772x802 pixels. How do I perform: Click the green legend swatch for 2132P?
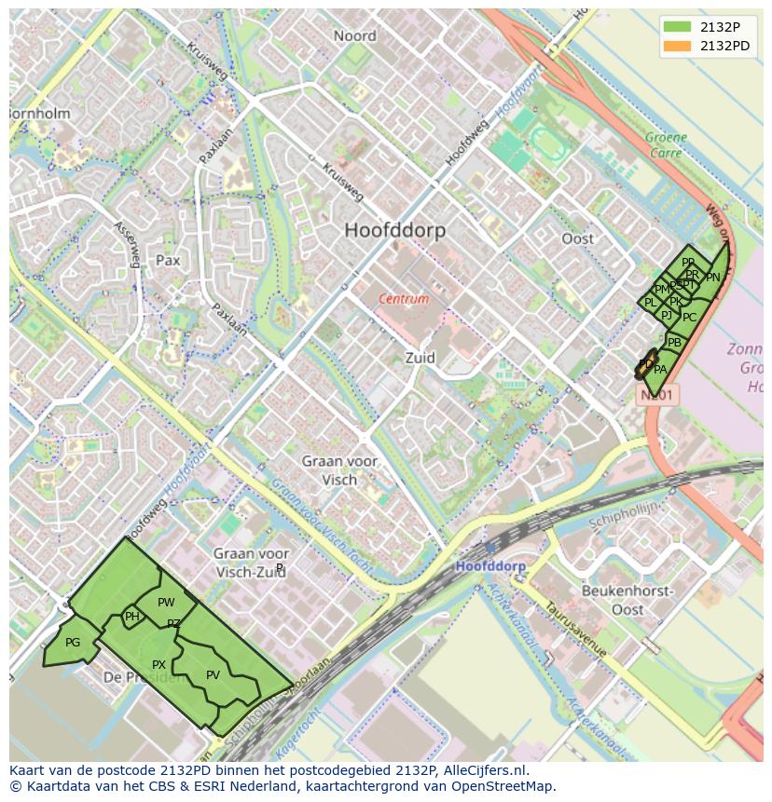click(x=678, y=27)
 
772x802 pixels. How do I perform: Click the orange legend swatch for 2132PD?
click(x=678, y=46)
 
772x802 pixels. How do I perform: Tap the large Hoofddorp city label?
click(x=394, y=230)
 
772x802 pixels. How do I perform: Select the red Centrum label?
click(x=404, y=299)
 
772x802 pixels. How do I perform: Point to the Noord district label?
click(x=354, y=36)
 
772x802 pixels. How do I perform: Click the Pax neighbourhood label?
click(x=168, y=261)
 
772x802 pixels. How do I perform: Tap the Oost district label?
click(x=577, y=238)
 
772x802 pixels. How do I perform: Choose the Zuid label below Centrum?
click(x=420, y=358)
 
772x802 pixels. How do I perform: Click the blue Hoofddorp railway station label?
click(x=490, y=566)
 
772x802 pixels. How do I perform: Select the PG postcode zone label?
click(x=73, y=643)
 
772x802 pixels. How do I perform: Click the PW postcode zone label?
click(x=166, y=603)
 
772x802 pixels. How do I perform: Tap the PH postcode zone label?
click(x=132, y=617)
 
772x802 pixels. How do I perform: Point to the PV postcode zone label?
click(x=213, y=675)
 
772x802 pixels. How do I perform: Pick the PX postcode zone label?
click(x=159, y=665)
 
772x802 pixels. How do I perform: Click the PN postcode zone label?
click(x=712, y=278)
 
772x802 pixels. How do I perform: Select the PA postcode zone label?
click(x=660, y=370)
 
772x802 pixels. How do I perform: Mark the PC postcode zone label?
click(x=689, y=318)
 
